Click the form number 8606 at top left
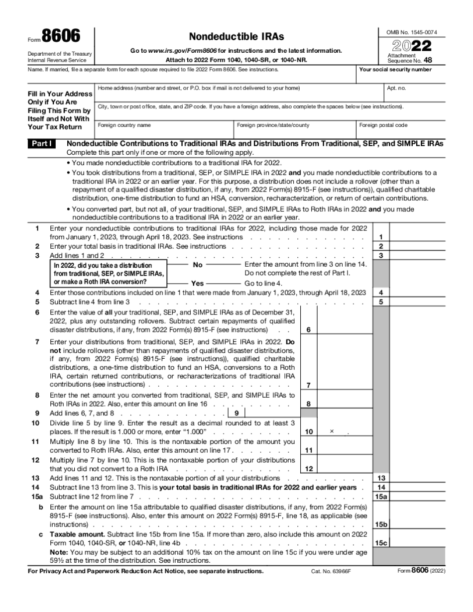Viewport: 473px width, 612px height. (61, 37)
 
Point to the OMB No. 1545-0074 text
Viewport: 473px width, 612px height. (412, 32)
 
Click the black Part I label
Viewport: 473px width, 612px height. (42, 143)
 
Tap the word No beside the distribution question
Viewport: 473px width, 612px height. (198, 265)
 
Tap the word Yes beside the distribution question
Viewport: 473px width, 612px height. (198, 283)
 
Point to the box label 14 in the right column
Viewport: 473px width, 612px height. (381, 488)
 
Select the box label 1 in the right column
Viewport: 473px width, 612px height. (381, 237)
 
